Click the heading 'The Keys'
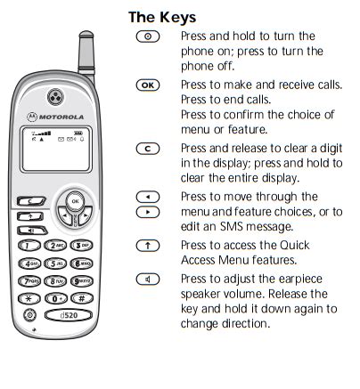pos(162,18)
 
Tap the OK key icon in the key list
pos(148,85)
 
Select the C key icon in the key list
pos(148,149)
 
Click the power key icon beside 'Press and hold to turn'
pos(148,36)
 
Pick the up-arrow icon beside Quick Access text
pos(148,246)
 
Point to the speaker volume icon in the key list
pos(148,280)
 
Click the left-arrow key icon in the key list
pos(148,197)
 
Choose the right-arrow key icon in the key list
pos(148,212)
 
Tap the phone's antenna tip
pos(86,34)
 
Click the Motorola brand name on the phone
pos(61,118)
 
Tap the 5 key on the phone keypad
pos(55,263)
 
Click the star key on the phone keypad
pos(29,298)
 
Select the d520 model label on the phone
pos(69,315)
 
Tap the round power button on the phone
pos(29,315)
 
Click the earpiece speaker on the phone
pos(55,97)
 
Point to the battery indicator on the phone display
pos(78,134)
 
